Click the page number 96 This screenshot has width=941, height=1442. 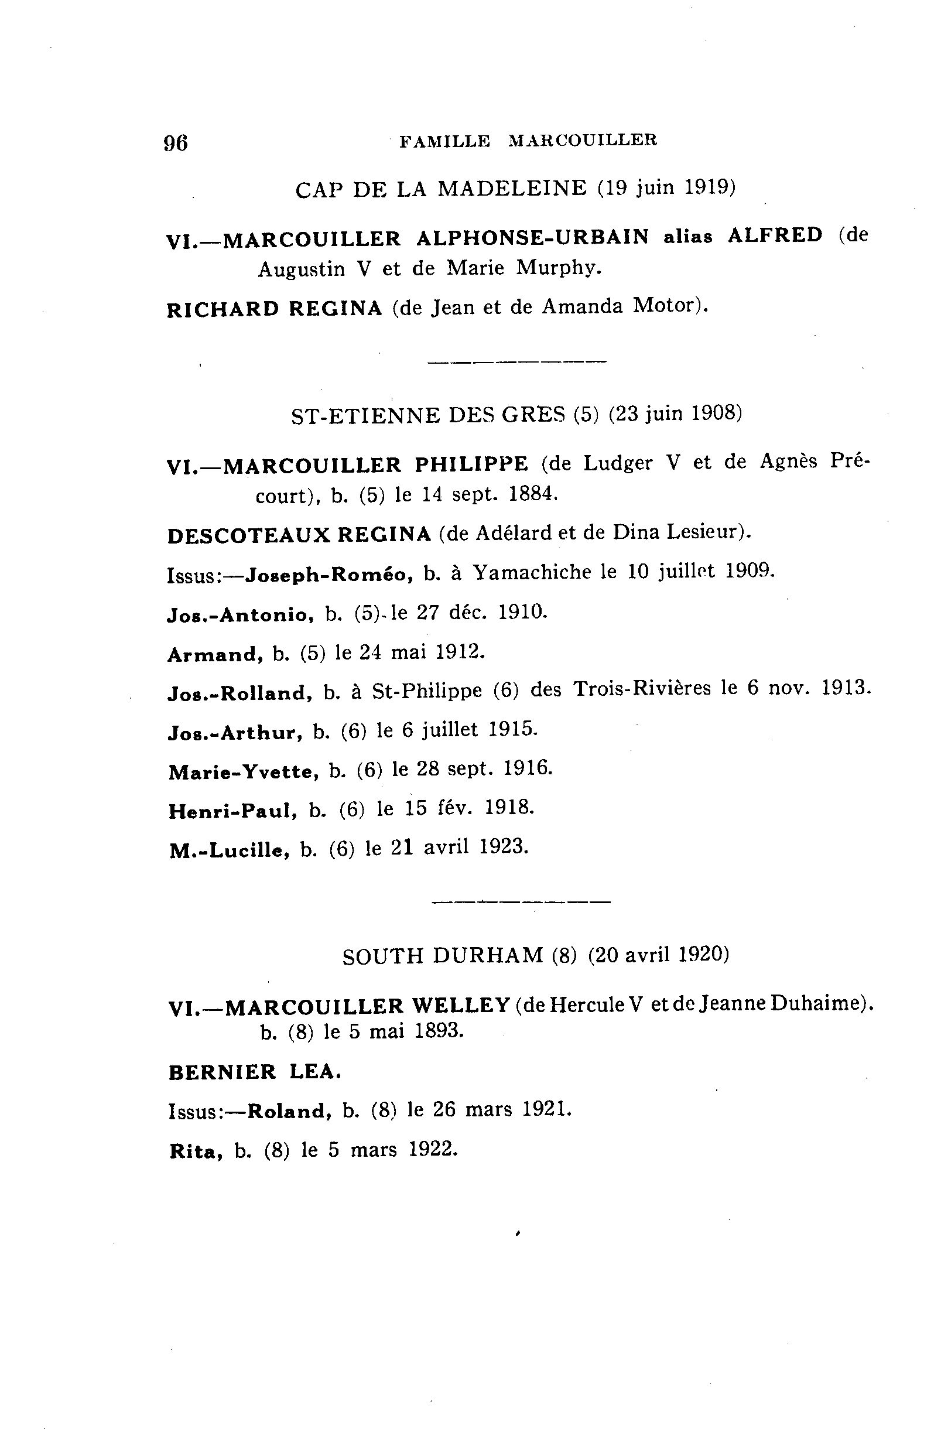click(176, 143)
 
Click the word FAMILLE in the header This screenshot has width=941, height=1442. click(445, 141)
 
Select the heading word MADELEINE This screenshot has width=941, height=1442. click(512, 189)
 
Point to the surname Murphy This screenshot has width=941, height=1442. click(559, 268)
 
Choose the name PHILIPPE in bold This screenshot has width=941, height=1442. click(471, 464)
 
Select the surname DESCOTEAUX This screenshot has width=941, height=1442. click(249, 535)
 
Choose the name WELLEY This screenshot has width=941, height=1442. click(460, 1006)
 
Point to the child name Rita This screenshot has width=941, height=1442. click(193, 1151)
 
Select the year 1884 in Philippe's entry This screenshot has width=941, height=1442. click(533, 494)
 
